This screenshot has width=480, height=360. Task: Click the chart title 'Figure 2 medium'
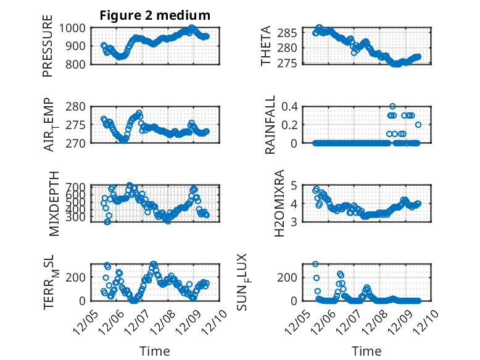point(155,15)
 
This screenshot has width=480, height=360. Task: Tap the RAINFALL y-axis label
point(270,125)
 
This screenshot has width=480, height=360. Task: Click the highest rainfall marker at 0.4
point(392,106)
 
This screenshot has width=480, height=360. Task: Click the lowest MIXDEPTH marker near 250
point(107,222)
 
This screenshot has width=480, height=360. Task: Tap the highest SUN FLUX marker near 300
point(315,264)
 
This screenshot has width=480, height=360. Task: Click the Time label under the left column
point(155,351)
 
